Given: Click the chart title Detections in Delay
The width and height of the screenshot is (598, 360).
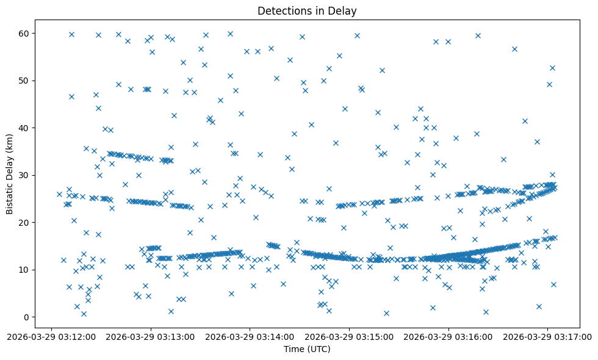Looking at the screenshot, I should click(307, 10).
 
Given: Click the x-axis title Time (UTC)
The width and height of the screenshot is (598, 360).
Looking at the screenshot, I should click(307, 349).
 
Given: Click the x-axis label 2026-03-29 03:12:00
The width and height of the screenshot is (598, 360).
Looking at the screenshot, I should click(51, 336).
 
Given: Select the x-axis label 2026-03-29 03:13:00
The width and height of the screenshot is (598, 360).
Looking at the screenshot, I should click(151, 336).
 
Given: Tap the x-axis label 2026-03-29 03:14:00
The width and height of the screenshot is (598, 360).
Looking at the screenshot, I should click(250, 336).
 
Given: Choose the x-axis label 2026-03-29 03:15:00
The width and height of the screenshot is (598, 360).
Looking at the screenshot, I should click(350, 336).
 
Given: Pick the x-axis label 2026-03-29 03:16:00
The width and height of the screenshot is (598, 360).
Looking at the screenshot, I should click(449, 336).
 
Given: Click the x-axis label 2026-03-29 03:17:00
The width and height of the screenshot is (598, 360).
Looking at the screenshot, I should click(548, 336).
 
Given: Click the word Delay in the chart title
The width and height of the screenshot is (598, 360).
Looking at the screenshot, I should click(343, 10).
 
